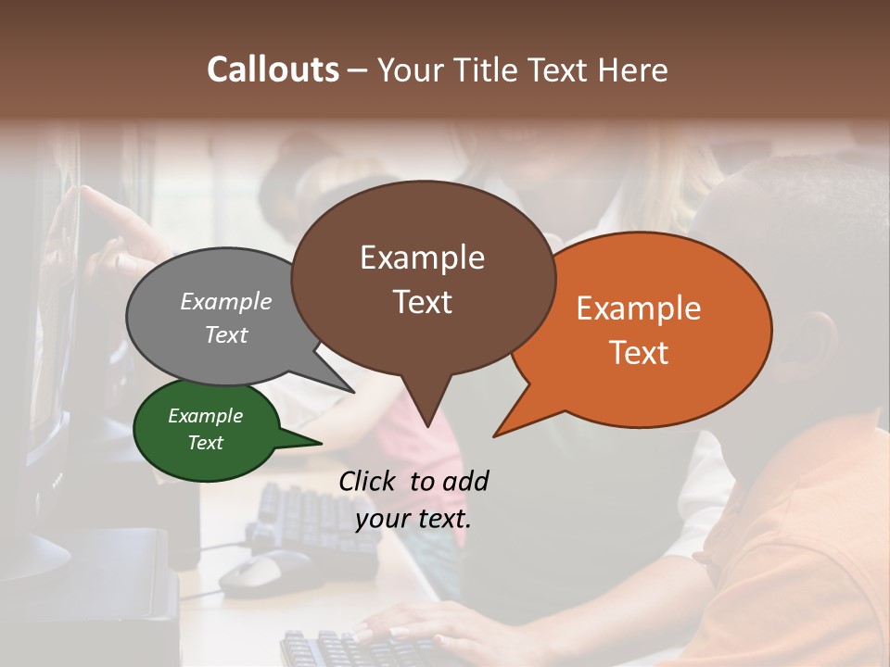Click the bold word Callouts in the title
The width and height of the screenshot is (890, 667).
(273, 69)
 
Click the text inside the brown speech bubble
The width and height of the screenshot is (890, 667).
(422, 279)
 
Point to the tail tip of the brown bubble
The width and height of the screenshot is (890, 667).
(427, 425)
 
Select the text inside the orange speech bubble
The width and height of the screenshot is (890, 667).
(639, 330)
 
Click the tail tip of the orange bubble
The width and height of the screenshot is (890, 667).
(495, 434)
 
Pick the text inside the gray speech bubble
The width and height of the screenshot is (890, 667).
(226, 318)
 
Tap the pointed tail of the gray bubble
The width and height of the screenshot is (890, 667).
(352, 392)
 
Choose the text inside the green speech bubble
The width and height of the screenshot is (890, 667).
(205, 429)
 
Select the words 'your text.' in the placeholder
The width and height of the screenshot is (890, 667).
(413, 519)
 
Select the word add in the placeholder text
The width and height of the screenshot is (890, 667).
(465, 481)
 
